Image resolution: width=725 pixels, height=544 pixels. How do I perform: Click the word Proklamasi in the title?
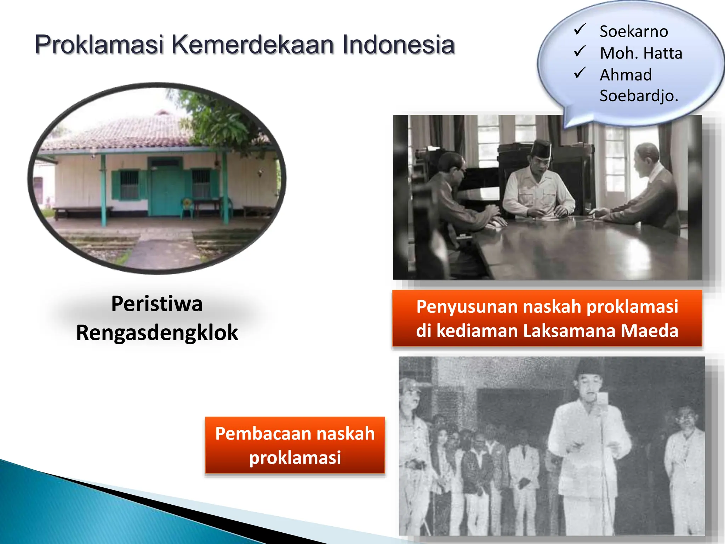[99, 45]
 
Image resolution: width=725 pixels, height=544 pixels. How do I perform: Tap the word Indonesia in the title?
[398, 45]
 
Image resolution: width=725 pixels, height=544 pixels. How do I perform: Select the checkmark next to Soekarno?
[580, 30]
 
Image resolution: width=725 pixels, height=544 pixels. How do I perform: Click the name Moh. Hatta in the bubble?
[641, 53]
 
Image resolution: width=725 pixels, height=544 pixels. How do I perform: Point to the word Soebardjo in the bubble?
[639, 96]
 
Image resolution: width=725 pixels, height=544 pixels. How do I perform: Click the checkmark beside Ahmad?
[580, 73]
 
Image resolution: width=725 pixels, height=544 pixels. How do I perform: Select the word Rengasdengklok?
[157, 333]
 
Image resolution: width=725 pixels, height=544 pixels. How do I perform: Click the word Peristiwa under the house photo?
[157, 304]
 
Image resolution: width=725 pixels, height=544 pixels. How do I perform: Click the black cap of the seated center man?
[542, 149]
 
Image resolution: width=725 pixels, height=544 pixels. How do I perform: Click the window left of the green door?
[129, 184]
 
